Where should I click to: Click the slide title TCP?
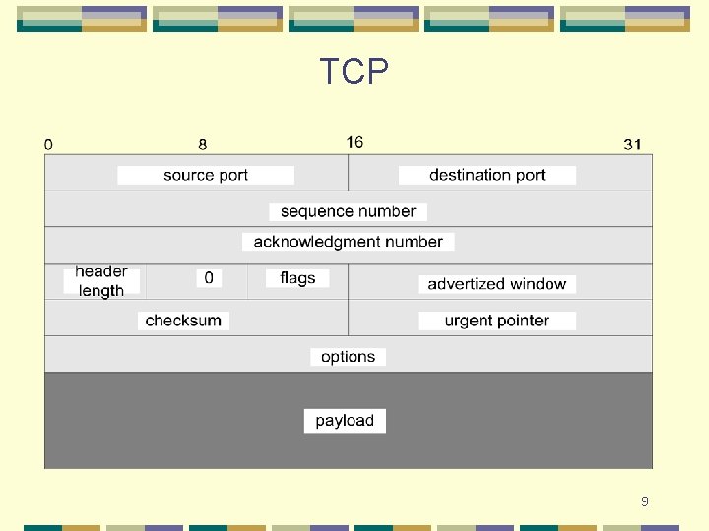point(354,72)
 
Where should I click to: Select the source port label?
point(206,175)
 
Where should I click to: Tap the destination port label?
point(487,175)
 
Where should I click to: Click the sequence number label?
point(348,211)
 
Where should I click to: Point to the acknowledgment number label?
point(348,242)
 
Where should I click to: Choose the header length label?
point(101,281)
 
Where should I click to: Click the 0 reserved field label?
point(209,278)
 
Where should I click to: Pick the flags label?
point(297,278)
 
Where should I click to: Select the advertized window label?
point(497,284)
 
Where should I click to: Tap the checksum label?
point(183,321)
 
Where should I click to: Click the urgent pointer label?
point(497,321)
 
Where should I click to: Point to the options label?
point(348,357)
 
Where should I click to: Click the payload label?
point(345,421)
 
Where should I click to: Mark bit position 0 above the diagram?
point(49,145)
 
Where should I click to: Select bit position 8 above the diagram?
point(203,145)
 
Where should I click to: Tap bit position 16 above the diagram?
point(354,142)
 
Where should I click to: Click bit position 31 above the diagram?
point(632,145)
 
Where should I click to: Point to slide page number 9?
point(645,501)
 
